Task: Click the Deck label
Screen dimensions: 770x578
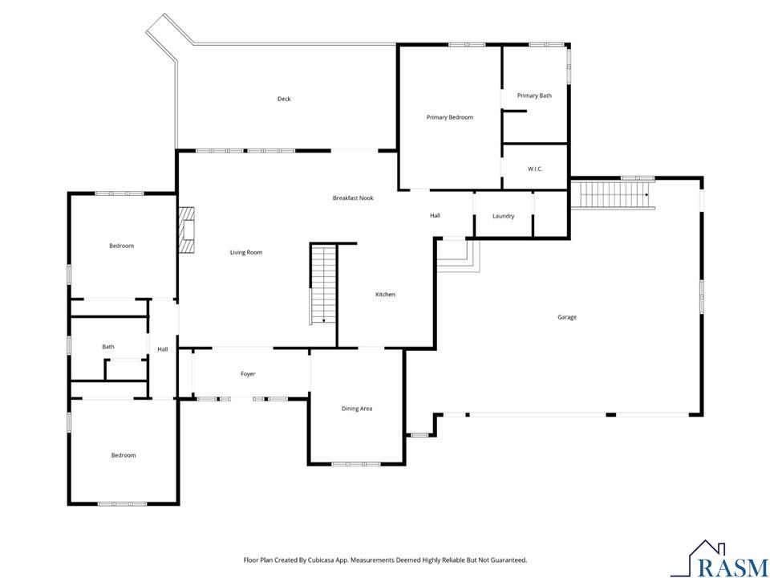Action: pyautogui.click(x=284, y=99)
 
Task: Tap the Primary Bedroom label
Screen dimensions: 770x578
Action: pyautogui.click(x=450, y=117)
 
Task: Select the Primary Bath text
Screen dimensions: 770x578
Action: pyautogui.click(x=534, y=96)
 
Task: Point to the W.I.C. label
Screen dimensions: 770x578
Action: pyautogui.click(x=535, y=169)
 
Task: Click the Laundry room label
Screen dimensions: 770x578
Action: pyautogui.click(x=504, y=216)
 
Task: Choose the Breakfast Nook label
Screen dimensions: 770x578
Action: pyautogui.click(x=353, y=198)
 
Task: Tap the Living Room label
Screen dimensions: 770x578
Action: pyautogui.click(x=246, y=253)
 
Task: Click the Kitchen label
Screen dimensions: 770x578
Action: pyautogui.click(x=386, y=295)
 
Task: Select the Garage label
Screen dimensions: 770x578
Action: pyautogui.click(x=567, y=318)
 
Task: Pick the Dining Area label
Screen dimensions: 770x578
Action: pyautogui.click(x=357, y=409)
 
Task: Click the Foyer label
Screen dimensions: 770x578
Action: pyautogui.click(x=248, y=374)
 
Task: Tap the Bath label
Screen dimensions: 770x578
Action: pyautogui.click(x=108, y=347)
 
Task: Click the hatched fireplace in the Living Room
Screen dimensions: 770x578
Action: pyautogui.click(x=187, y=230)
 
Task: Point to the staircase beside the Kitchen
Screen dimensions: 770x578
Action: pyautogui.click(x=322, y=284)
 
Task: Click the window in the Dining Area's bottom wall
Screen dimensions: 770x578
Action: pyautogui.click(x=356, y=464)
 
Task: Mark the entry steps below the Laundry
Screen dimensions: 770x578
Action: pyautogui.click(x=458, y=256)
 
